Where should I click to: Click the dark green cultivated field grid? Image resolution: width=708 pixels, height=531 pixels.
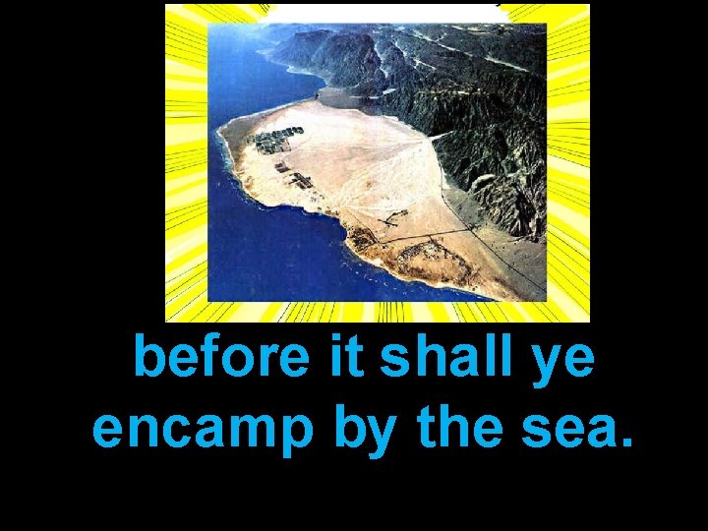pyautogui.click(x=275, y=140)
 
